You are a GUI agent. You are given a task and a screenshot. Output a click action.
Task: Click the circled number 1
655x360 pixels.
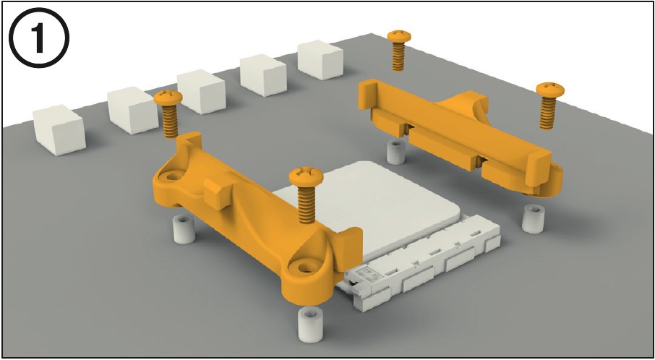coord(39,38)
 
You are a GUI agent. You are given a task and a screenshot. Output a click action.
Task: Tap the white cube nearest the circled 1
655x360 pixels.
coord(59,129)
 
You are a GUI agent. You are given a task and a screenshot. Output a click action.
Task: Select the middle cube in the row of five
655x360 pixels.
coord(202,92)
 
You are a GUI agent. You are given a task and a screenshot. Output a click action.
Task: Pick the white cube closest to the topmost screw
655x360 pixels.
coord(320,60)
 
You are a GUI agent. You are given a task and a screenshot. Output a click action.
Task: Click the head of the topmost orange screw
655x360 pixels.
coord(399,36)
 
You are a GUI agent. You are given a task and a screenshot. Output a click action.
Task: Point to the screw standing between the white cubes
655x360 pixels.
coord(168,113)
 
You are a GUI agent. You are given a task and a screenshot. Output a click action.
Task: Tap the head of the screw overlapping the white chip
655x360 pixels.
coord(307,176)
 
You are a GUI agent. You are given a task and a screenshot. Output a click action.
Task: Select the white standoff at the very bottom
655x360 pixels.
coord(311,324)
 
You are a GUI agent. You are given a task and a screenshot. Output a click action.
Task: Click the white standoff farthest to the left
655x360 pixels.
coord(184,230)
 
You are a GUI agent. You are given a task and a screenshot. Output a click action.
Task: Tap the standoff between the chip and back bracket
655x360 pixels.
coord(395,153)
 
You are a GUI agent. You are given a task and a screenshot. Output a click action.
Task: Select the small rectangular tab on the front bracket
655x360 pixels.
coord(217,192)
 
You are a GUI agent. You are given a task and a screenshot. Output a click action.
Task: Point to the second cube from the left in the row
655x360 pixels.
coord(132,111)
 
